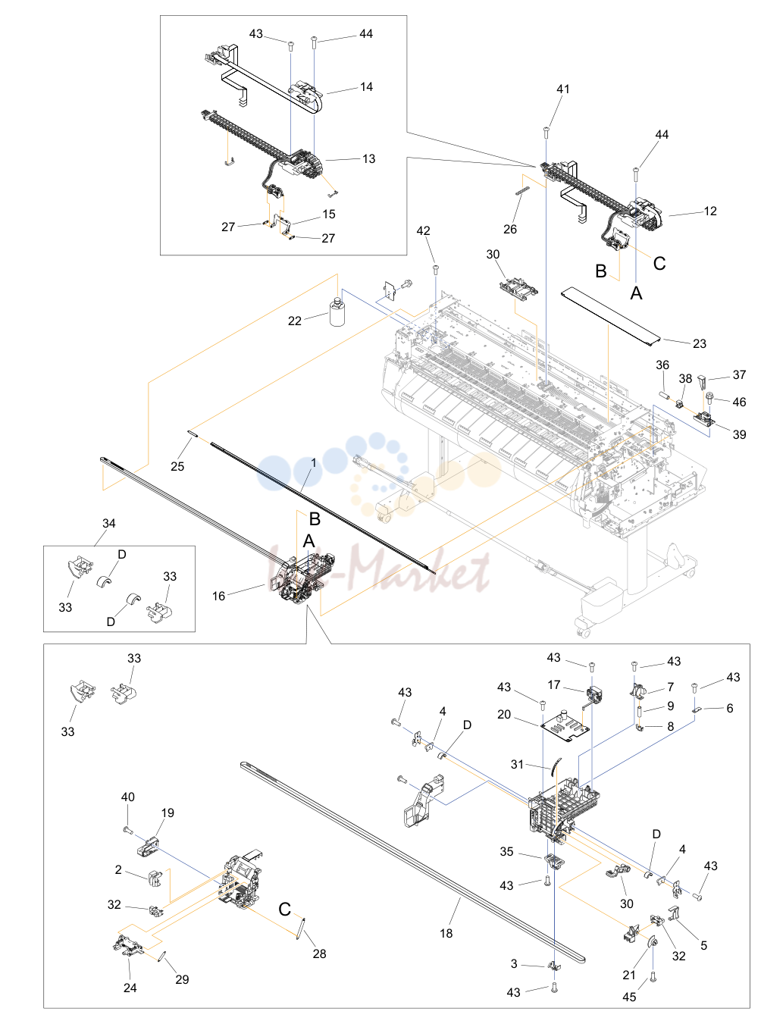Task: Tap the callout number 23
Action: click(x=699, y=343)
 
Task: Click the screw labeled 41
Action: click(x=546, y=133)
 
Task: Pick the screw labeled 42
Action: click(x=435, y=269)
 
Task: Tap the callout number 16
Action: click(x=218, y=596)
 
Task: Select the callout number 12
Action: click(x=710, y=211)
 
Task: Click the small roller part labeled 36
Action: click(x=664, y=396)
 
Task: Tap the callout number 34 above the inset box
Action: click(x=108, y=523)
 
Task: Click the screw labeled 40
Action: click(x=128, y=830)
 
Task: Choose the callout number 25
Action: click(x=177, y=466)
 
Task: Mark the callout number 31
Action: click(x=517, y=765)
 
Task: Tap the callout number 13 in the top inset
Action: click(x=368, y=159)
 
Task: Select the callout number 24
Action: click(x=130, y=988)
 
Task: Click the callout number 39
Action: click(x=739, y=434)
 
